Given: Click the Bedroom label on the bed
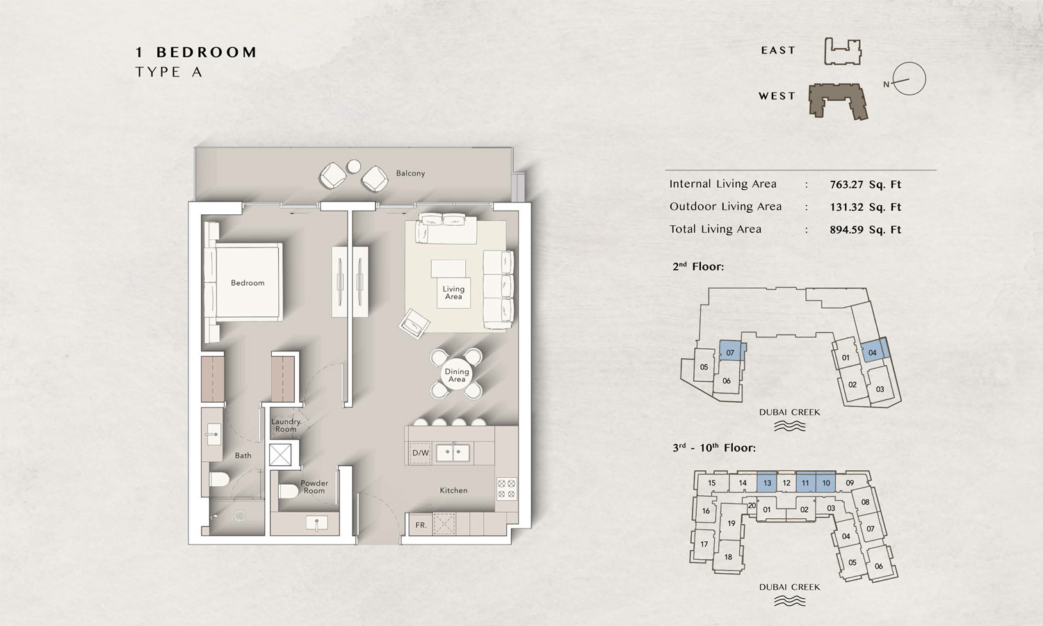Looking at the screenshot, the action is coord(248,282).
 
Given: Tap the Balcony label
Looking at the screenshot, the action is coord(410,173).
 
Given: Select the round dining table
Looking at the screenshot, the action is coord(456,374).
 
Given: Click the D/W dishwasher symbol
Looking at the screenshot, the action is coord(421,453).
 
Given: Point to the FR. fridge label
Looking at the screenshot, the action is coord(421,525).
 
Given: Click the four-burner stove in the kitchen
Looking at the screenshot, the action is coord(506,488).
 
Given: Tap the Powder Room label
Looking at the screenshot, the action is coord(314,487).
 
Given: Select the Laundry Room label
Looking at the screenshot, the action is coord(286,425).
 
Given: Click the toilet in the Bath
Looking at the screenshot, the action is coord(219,479).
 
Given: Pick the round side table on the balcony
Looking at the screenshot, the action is coord(354,166).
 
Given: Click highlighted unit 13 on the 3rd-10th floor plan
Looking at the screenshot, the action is coord(768,483).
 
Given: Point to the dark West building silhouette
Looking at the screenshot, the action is coord(838,102).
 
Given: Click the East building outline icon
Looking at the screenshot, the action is coord(843,51).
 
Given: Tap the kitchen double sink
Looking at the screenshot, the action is coord(453,452).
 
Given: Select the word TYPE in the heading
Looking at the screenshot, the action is coord(158,72).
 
